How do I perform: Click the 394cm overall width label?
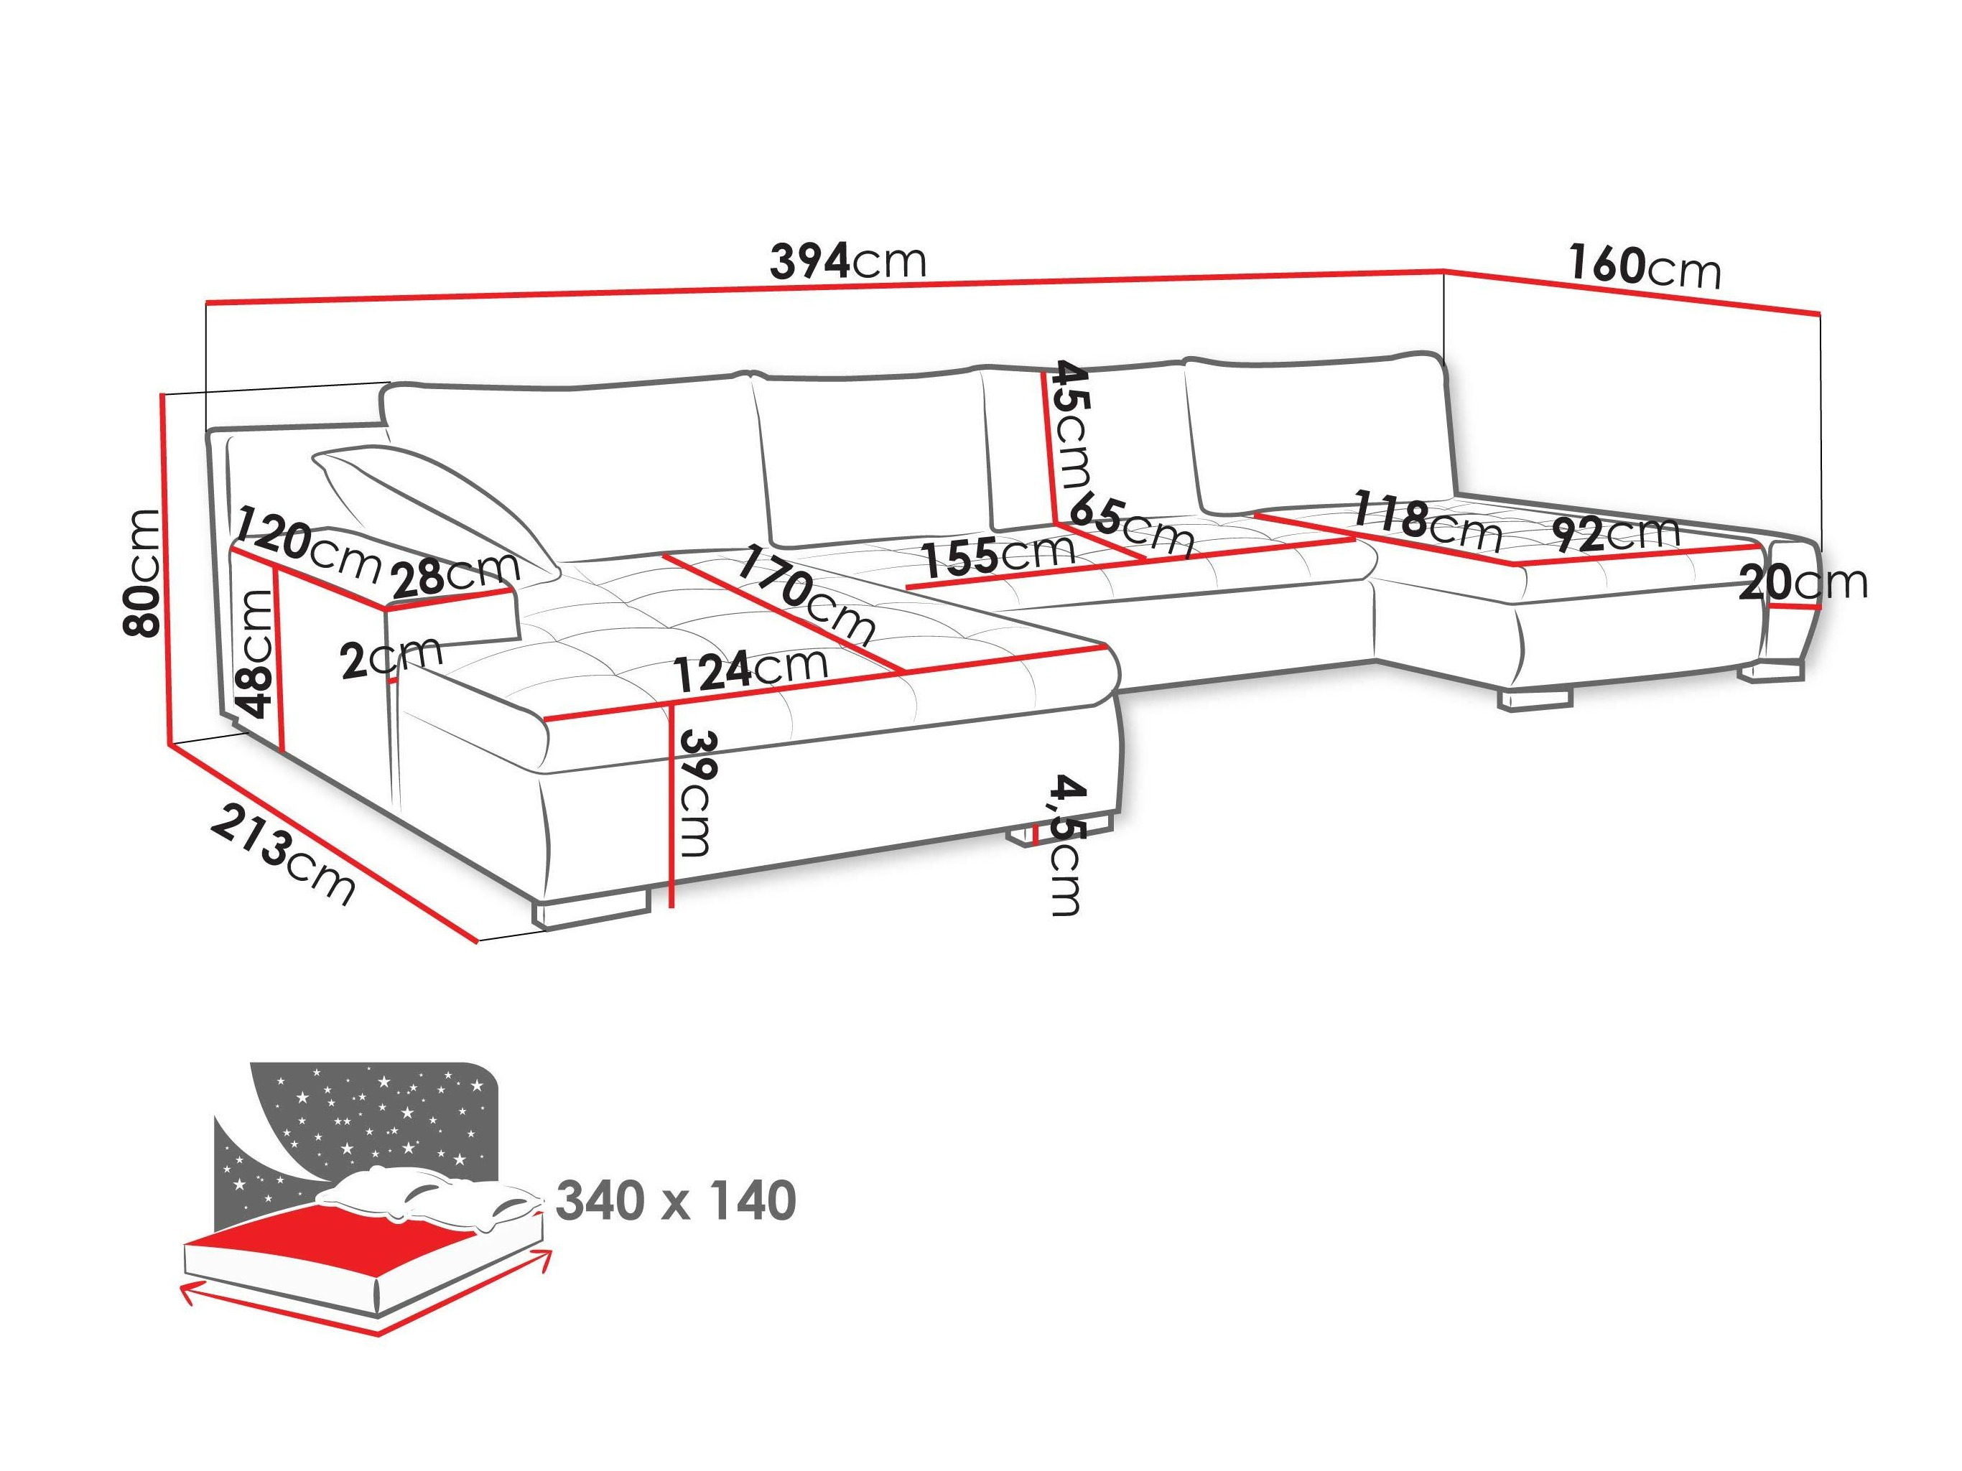pos(847,261)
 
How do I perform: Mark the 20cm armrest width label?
pos(1803,582)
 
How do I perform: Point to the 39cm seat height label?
pos(694,793)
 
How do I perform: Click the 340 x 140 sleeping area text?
pos(676,1202)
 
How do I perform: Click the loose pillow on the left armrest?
pos(434,505)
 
